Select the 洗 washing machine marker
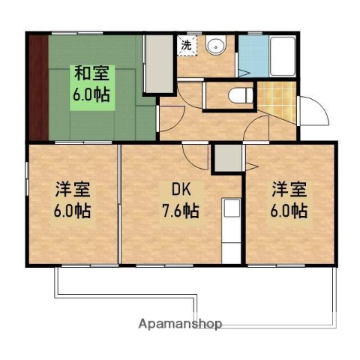185,45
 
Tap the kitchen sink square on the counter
231,208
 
